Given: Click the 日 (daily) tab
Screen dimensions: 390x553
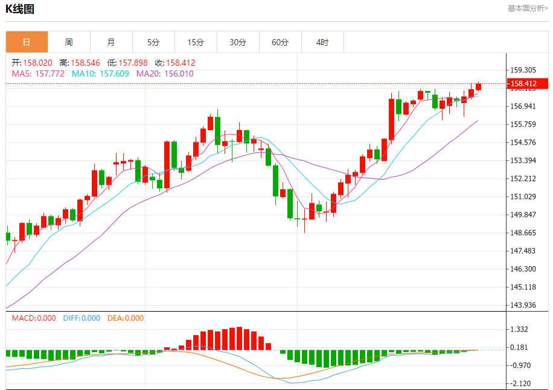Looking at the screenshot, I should pos(27,42).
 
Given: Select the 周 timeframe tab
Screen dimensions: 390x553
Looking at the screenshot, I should pos(69,42).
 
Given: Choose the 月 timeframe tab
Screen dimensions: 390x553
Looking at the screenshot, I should pos(111,42).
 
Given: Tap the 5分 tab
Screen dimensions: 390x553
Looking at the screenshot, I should pos(153,42).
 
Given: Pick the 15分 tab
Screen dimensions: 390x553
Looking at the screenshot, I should pos(196,42).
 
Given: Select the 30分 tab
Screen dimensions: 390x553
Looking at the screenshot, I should pos(238,42).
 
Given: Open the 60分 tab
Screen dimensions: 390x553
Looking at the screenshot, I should pos(280,42).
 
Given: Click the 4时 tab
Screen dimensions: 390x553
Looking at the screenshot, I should pos(322,42).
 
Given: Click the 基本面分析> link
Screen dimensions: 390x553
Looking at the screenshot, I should pos(527,8).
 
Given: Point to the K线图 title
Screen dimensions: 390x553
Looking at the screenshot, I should pos(20,8).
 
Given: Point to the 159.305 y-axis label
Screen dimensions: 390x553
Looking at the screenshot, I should pos(523,70).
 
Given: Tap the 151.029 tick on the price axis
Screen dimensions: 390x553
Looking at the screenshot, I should pos(523,197).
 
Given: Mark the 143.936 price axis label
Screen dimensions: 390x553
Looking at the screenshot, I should pos(523,305).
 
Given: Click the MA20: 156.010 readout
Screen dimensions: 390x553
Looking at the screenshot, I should pos(165,74).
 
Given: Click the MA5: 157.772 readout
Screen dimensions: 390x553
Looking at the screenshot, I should pos(38,74).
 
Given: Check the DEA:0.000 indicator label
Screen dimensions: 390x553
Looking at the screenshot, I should pos(126,318).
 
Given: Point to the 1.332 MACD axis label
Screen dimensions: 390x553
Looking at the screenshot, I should pos(519,329).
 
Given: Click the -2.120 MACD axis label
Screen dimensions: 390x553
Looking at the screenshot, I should pos(519,383).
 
